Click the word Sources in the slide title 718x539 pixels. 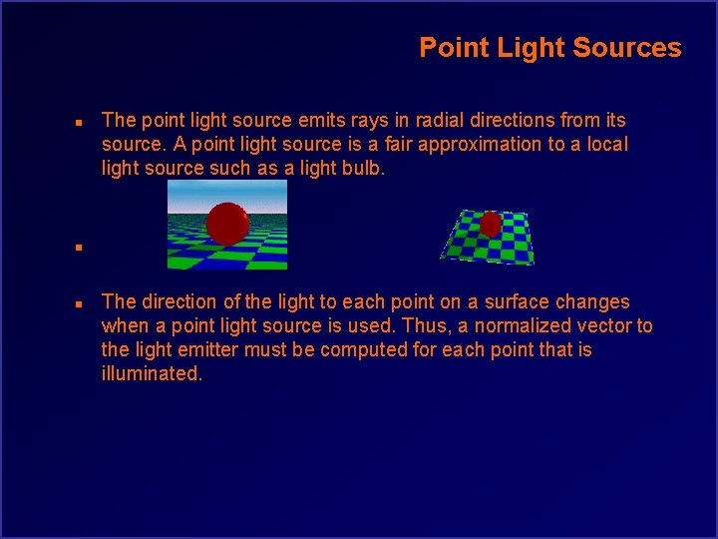click(635, 48)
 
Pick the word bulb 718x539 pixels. click(360, 169)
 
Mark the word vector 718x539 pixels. click(601, 325)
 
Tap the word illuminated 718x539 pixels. click(152, 374)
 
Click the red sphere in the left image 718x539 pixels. click(227, 224)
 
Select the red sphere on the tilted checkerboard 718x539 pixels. click(490, 225)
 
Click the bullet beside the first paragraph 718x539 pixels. click(78, 122)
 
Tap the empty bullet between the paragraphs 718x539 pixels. click(78, 245)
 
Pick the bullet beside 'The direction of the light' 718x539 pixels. click(78, 303)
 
